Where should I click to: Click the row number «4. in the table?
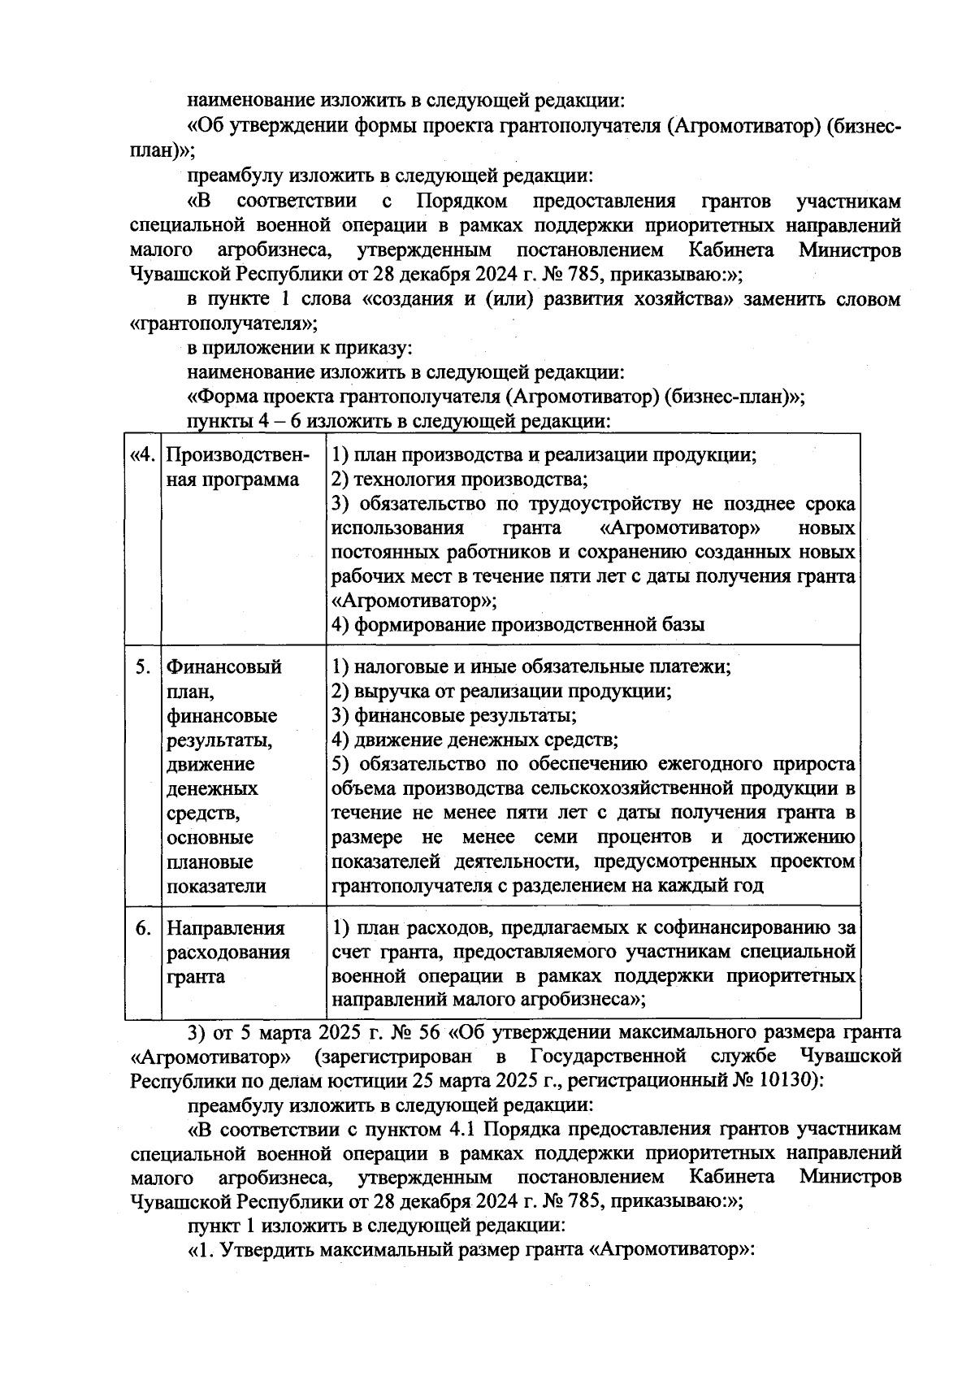pos(142,455)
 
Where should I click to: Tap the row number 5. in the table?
pos(143,667)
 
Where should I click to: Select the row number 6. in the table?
pos(143,928)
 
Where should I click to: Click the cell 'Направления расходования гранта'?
pos(227,953)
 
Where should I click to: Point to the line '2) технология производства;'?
pos(461,480)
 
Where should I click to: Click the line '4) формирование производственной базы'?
pos(518,625)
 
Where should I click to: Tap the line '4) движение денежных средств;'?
pos(476,740)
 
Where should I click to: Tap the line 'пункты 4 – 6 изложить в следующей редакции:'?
pos(398,422)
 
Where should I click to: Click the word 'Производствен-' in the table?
pos(237,455)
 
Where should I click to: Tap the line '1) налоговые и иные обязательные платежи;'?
pos(532,667)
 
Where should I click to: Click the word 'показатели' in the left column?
pos(216,887)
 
